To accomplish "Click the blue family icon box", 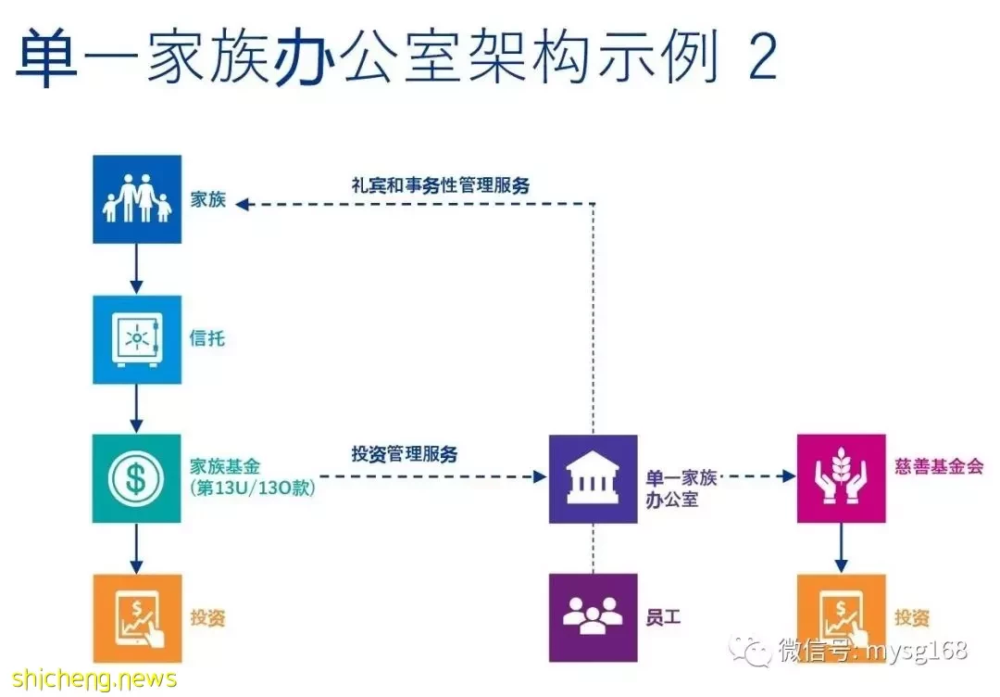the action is tap(137, 199).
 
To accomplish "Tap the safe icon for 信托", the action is tap(137, 339).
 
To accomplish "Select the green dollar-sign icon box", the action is tap(136, 478).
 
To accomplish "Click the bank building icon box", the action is tap(594, 479).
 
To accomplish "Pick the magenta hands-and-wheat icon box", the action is tap(841, 478).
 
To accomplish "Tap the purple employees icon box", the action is tap(594, 618).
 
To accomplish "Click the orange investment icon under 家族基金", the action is tap(137, 618).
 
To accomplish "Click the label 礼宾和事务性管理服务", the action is tap(441, 185).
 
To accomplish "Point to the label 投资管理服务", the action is tap(405, 454).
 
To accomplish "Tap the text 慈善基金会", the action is tap(939, 466).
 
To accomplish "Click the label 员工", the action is tap(663, 618).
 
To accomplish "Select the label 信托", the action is tap(207, 338).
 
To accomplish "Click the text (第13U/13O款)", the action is tap(253, 488).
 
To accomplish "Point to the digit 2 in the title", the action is tap(762, 57).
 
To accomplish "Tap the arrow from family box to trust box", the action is tap(136, 270).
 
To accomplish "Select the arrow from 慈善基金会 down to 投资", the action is tap(841, 549).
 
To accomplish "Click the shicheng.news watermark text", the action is tap(94, 679).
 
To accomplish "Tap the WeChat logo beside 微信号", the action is tap(751, 651).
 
